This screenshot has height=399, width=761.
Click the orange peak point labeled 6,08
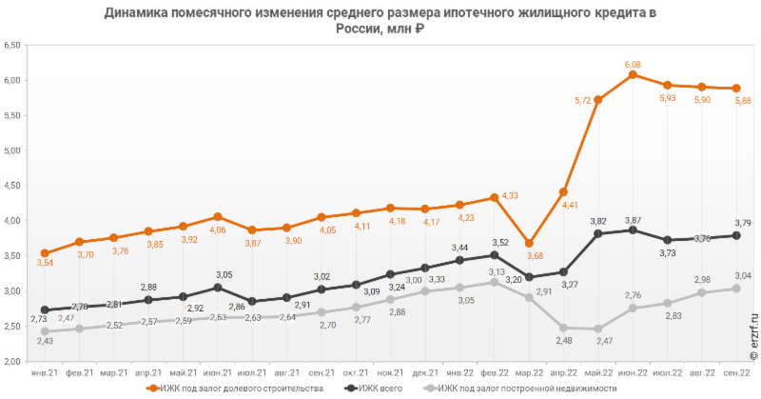[x=633, y=74]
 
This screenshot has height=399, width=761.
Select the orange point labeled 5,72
[x=597, y=99]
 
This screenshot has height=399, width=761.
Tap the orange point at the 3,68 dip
[x=529, y=243]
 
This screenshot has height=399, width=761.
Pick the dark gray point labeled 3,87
[x=633, y=229]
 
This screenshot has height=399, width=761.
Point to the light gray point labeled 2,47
[x=597, y=329]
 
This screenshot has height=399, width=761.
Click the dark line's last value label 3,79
[x=743, y=223]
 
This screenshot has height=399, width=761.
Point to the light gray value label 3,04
[x=743, y=275]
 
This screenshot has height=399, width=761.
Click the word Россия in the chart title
[x=356, y=30]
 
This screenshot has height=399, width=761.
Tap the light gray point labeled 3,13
[x=494, y=282]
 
